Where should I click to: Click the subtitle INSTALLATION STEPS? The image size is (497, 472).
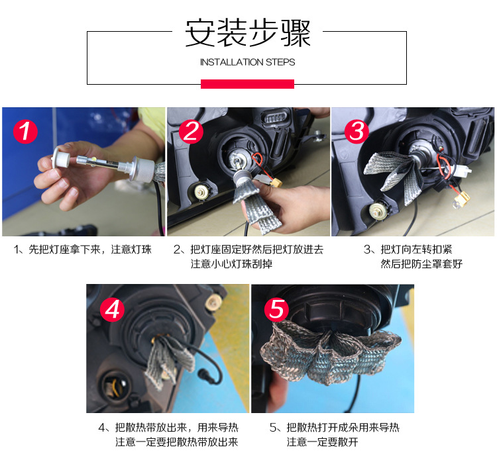[247, 62]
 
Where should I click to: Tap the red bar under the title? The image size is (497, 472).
[247, 84]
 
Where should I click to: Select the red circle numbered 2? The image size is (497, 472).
[191, 132]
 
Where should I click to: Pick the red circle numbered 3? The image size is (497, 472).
[357, 132]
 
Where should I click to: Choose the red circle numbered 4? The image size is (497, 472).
[111, 308]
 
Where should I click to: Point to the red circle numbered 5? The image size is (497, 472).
[276, 308]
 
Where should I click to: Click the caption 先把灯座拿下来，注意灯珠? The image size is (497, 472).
[83, 250]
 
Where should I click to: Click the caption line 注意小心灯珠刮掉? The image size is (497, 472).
[231, 264]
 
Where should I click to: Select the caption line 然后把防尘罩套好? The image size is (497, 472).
[421, 264]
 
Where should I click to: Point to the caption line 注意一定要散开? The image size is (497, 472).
[322, 442]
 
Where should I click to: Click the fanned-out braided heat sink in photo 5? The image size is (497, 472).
[331, 354]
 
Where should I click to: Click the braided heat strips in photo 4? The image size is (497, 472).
[162, 361]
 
